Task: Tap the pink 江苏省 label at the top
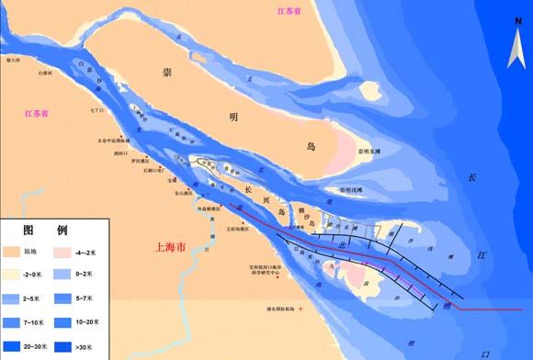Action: [293, 12]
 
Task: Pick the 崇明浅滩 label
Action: [351, 190]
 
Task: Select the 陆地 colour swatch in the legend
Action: [13, 250]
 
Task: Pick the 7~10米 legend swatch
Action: [13, 323]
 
